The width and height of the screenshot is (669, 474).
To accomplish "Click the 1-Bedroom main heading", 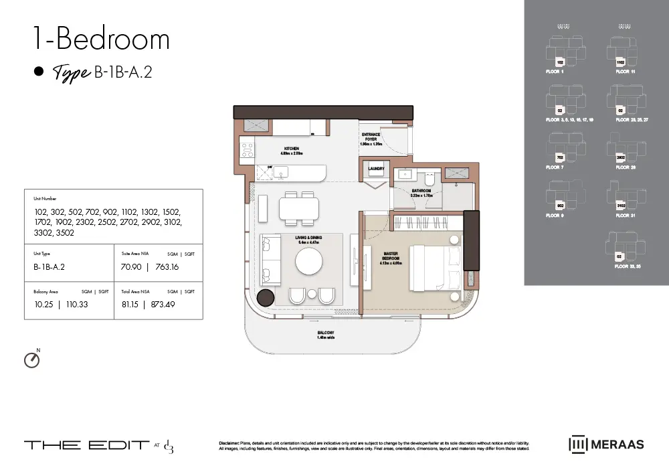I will tap(101, 39).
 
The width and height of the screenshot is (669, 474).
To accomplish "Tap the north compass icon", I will tap(31, 360).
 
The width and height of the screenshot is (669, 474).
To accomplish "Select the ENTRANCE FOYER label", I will tap(371, 139).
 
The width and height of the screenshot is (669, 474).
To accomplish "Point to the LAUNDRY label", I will tap(376, 169).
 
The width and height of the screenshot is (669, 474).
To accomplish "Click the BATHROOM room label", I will tap(421, 192).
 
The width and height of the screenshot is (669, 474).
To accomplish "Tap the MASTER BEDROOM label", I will tap(391, 258).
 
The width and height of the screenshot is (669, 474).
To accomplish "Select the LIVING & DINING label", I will tap(308, 240).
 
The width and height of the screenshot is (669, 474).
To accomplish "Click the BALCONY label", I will tap(326, 335).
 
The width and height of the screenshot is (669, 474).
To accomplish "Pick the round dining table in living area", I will tap(310, 261).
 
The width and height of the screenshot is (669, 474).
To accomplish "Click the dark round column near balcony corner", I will tap(266, 299).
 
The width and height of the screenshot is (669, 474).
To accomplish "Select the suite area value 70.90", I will tap(130, 266).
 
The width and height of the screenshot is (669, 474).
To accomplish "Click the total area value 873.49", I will tap(169, 304).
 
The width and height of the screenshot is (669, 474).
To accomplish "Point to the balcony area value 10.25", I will tap(43, 304).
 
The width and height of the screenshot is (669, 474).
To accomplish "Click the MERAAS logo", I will tap(605, 444).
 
